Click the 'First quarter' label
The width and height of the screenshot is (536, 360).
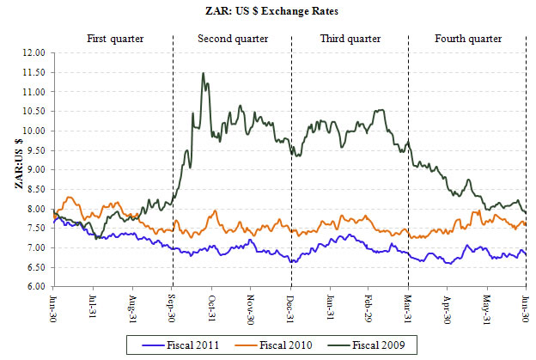(x=115, y=40)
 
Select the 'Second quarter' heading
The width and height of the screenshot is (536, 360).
(x=233, y=40)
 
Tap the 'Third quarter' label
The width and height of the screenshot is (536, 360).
(x=349, y=40)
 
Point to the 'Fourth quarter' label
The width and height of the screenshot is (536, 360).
(x=468, y=40)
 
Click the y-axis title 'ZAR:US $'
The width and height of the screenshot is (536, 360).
(x=19, y=168)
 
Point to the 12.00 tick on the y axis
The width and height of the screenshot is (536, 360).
(x=33, y=52)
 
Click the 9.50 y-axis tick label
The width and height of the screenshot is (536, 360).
(x=35, y=150)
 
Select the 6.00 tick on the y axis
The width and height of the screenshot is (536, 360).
(x=35, y=287)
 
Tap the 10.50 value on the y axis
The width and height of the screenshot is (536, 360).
(x=33, y=111)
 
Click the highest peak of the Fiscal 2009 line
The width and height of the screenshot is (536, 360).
(x=203, y=73)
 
